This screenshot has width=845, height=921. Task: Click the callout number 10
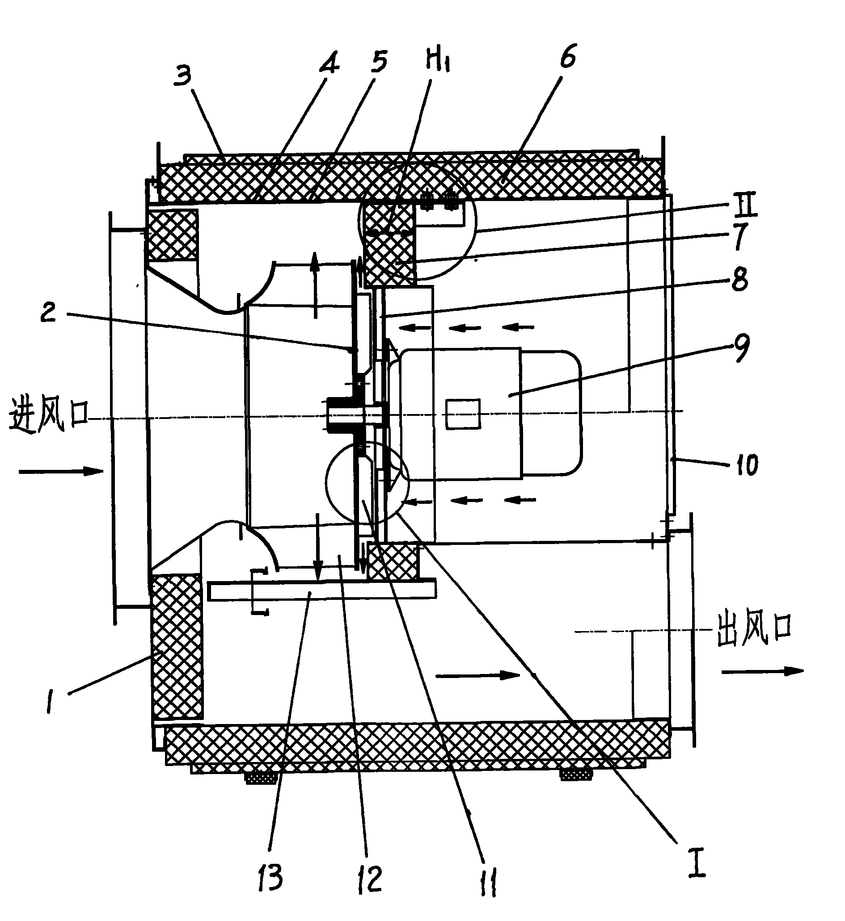coord(746,465)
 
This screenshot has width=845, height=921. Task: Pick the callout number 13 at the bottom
coord(270,878)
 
